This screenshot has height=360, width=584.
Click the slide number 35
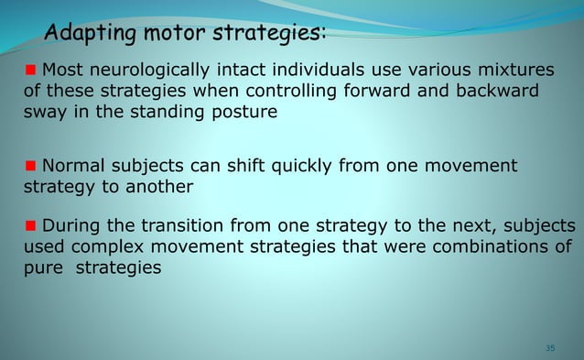550,348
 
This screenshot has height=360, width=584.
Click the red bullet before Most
30,71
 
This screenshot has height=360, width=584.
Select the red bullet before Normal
30,166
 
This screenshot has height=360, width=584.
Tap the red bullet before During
30,225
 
